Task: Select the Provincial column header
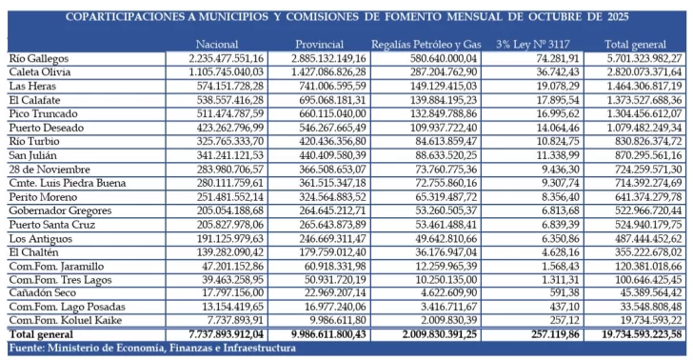coord(319,45)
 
